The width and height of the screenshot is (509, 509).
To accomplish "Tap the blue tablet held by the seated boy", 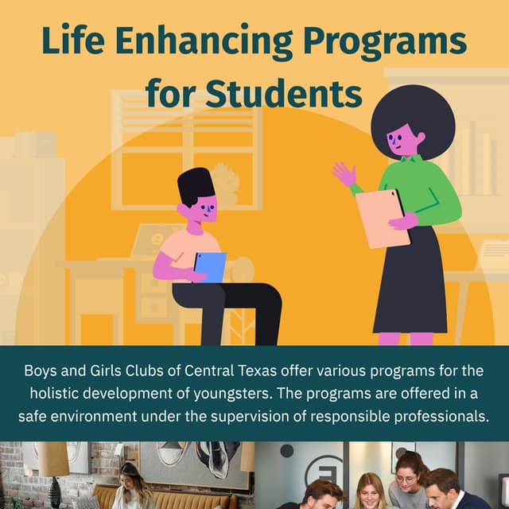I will click(x=209, y=266).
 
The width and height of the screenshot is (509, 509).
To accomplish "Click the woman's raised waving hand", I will click(x=344, y=174).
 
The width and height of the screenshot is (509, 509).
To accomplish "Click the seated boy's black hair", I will click(x=195, y=184).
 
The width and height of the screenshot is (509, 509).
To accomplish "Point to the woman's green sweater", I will click(x=425, y=191).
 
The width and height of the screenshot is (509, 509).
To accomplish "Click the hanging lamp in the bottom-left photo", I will click(x=53, y=460).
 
